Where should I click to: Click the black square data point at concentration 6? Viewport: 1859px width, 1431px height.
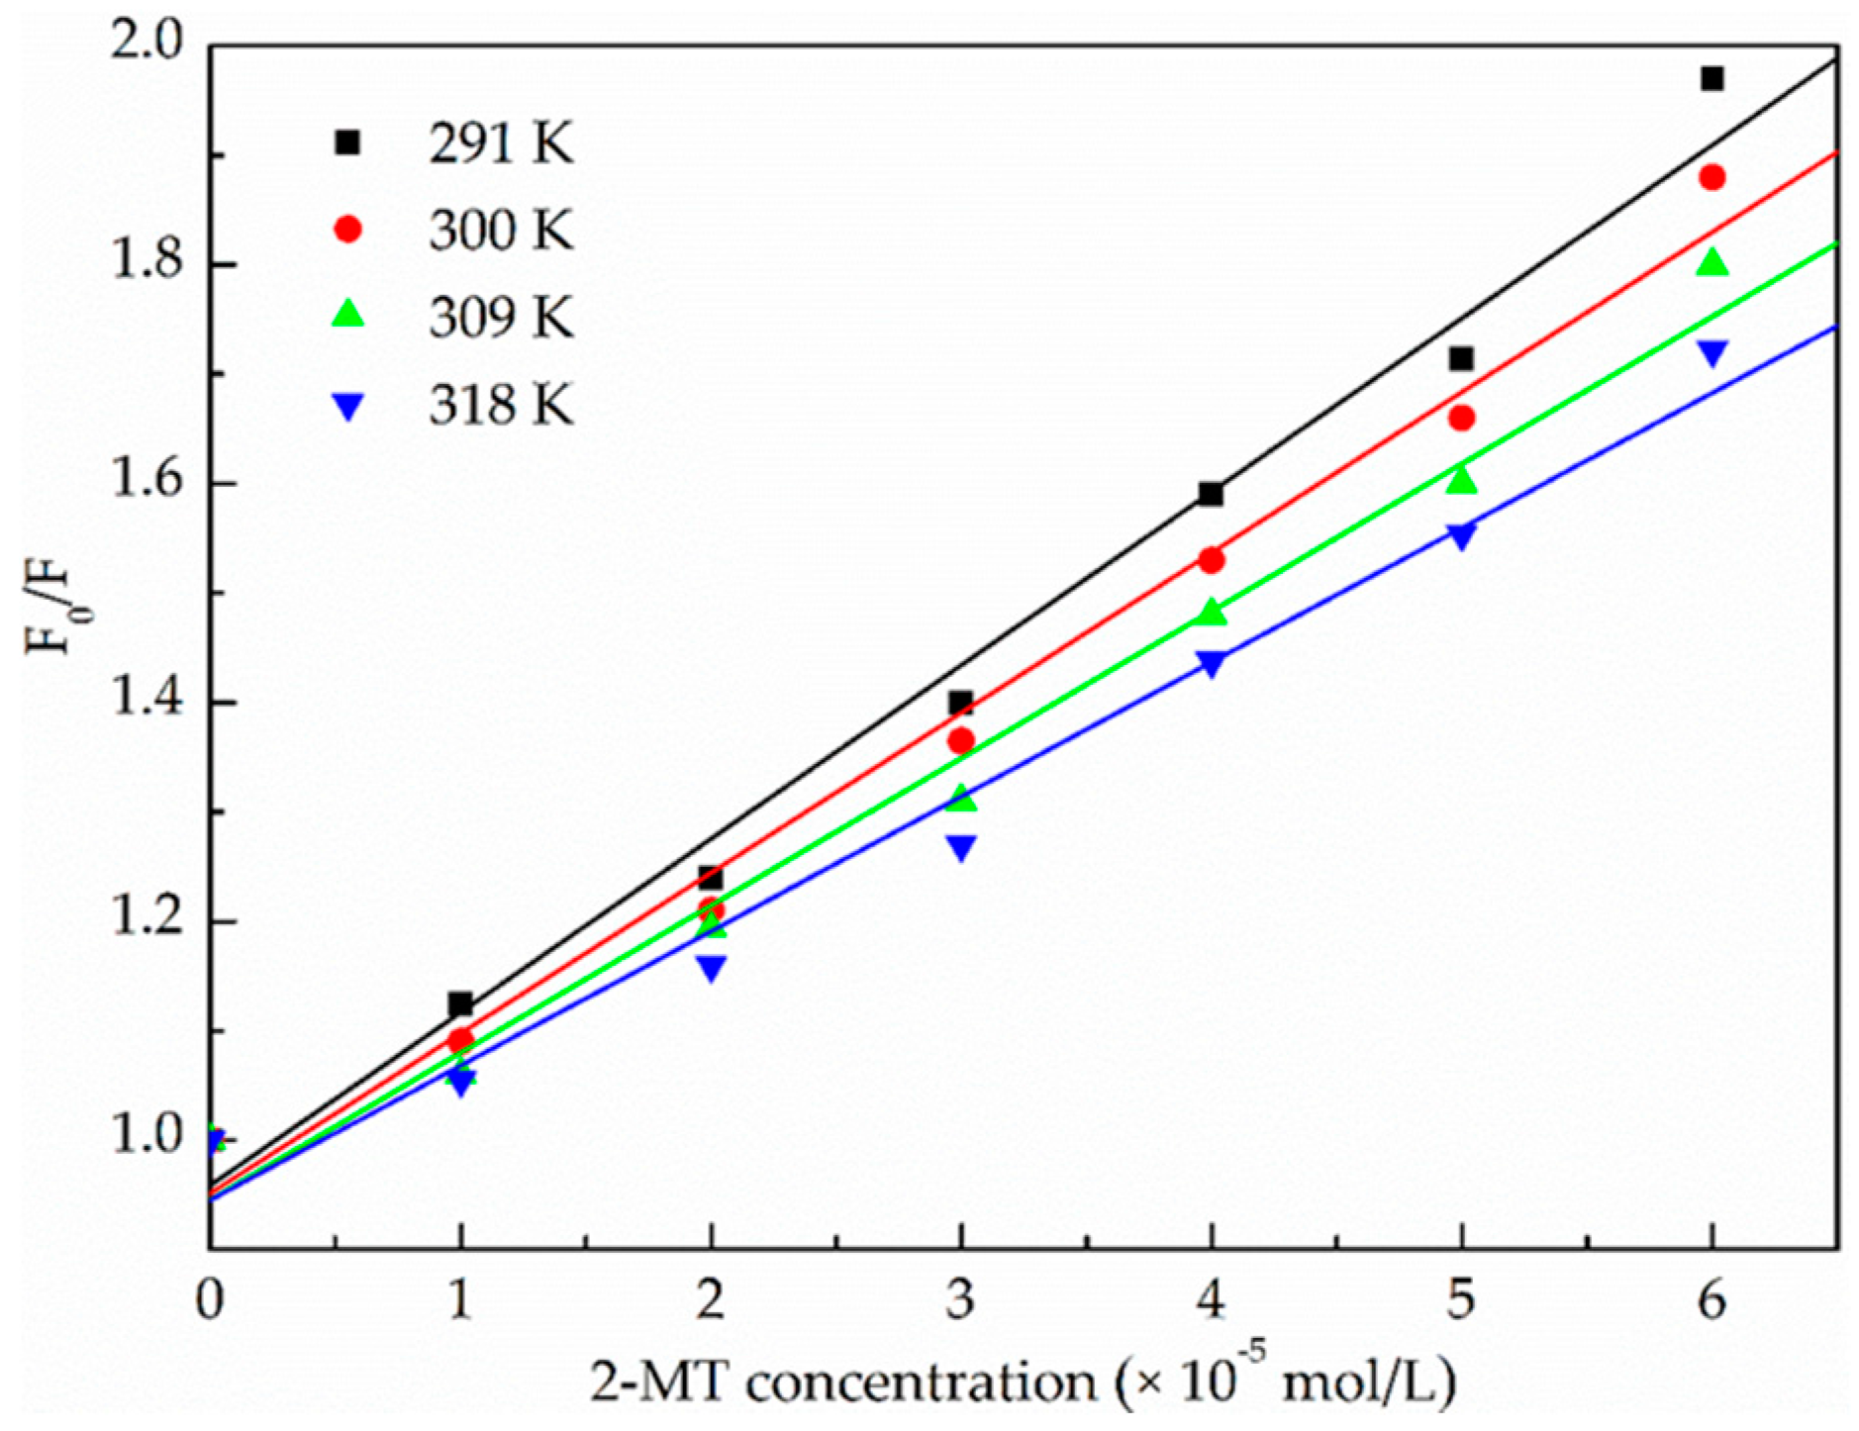pyautogui.click(x=1712, y=79)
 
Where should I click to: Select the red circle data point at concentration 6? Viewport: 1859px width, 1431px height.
pyautogui.click(x=1712, y=178)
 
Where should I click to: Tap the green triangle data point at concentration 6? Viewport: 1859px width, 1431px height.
pyautogui.click(x=1712, y=263)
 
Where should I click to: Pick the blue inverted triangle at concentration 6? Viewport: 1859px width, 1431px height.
pyautogui.click(x=1712, y=352)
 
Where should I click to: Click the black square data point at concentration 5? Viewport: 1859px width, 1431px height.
pyautogui.click(x=1461, y=358)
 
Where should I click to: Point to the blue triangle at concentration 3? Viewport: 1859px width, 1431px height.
pyautogui.click(x=961, y=847)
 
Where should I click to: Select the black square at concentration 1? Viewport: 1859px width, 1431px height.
pyautogui.click(x=460, y=1004)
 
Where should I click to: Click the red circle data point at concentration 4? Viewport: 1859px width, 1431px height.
pyautogui.click(x=1212, y=560)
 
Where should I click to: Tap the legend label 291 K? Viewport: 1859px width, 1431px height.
pyautogui.click(x=501, y=144)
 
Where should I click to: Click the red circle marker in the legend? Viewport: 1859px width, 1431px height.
pyautogui.click(x=348, y=231)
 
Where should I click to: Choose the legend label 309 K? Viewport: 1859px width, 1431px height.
pyautogui.click(x=501, y=318)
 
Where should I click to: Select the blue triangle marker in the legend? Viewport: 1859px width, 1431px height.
pyautogui.click(x=348, y=406)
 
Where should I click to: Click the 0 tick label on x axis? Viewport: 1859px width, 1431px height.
pyautogui.click(x=210, y=1300)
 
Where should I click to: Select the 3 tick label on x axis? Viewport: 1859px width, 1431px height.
pyautogui.click(x=960, y=1300)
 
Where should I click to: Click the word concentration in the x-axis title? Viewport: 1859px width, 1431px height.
pyautogui.click(x=921, y=1382)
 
